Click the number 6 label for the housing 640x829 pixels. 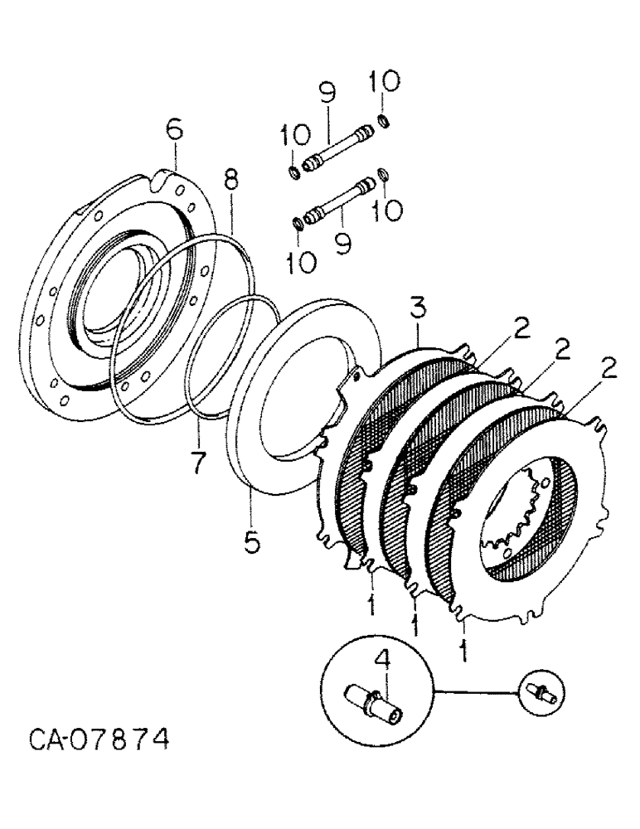175,130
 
